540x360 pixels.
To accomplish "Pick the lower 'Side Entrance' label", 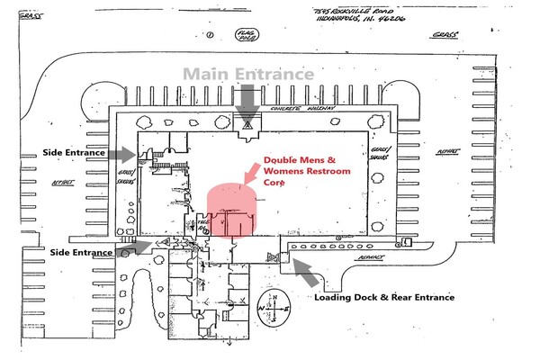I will [x=81, y=252].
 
